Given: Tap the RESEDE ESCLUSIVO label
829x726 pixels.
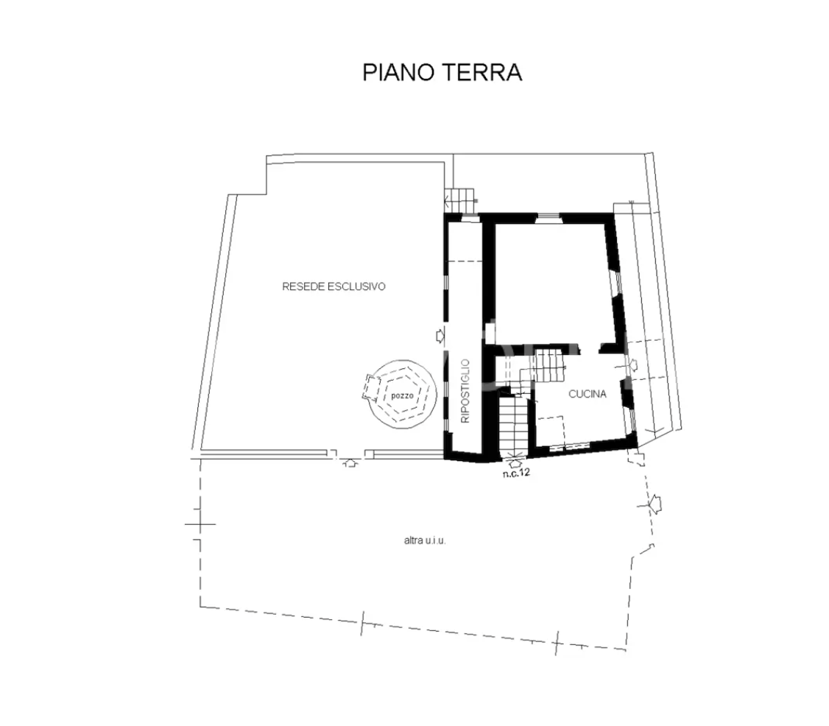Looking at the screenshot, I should coord(334,287).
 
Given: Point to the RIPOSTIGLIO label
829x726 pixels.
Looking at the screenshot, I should coord(465,390).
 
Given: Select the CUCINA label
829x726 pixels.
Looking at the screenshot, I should coord(588,394).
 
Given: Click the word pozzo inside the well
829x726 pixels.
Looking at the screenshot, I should coord(402,396).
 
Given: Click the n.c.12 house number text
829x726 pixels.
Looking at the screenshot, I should coord(516,473).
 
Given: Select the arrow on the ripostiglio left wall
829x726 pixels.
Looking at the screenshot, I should coord(440,336).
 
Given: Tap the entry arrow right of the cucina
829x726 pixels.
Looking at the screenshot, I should coord(632,364).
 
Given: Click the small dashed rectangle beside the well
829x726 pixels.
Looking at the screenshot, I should coord(370,386).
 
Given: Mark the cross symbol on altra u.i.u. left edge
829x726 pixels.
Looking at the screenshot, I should coord(200,524).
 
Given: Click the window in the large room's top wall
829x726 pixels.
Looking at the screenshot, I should coord(548,216).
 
